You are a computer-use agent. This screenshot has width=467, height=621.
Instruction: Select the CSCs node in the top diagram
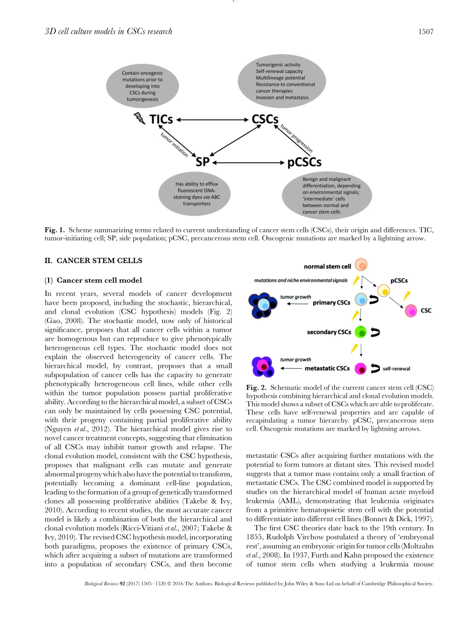pos(265,119)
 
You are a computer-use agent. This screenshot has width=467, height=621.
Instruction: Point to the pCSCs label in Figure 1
pos(304,162)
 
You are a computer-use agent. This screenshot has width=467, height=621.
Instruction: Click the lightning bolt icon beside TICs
pos(140,118)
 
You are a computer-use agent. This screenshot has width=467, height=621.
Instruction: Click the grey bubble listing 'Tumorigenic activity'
pos(282,81)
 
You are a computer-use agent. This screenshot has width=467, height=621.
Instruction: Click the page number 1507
pos(425,32)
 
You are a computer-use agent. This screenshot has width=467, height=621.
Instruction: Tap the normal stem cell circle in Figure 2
pos(361,266)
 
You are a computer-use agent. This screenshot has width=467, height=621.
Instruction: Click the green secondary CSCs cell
pos(361,332)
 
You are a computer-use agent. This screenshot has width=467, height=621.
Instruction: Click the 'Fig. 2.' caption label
pos(256,387)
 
